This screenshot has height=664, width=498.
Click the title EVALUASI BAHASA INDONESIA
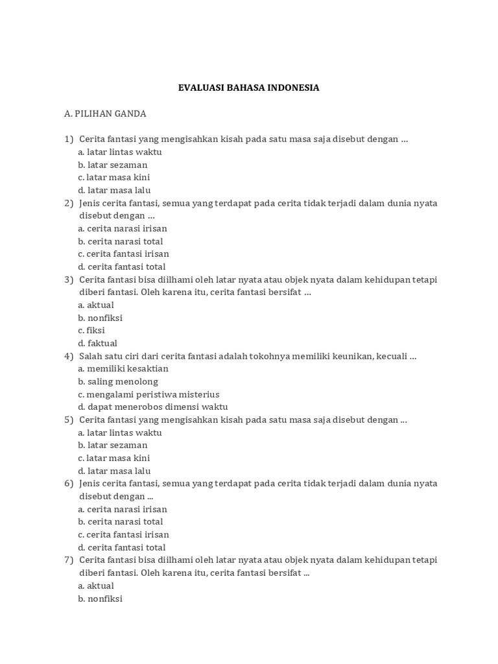point(248,88)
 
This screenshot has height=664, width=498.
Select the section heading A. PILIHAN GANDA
point(105,113)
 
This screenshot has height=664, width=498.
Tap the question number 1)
point(69,139)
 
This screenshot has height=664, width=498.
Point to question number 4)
point(69,356)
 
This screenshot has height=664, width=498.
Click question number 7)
point(69,560)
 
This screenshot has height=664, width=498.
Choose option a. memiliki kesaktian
point(123,368)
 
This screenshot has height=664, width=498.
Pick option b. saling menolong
point(118,381)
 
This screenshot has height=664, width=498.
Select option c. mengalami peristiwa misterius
point(148,394)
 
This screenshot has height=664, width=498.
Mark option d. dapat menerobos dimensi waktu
point(153,407)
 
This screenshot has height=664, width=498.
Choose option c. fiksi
point(91,330)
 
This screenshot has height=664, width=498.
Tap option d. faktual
point(97,343)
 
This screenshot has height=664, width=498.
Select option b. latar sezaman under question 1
point(113,165)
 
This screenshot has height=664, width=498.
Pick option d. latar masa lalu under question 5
point(114,471)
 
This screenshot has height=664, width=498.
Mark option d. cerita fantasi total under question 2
point(122,267)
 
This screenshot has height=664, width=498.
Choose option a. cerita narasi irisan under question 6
point(123,509)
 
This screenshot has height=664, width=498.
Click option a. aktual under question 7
point(96,586)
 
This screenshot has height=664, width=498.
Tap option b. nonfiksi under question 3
point(100,318)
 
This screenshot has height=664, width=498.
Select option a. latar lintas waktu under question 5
point(120,433)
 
